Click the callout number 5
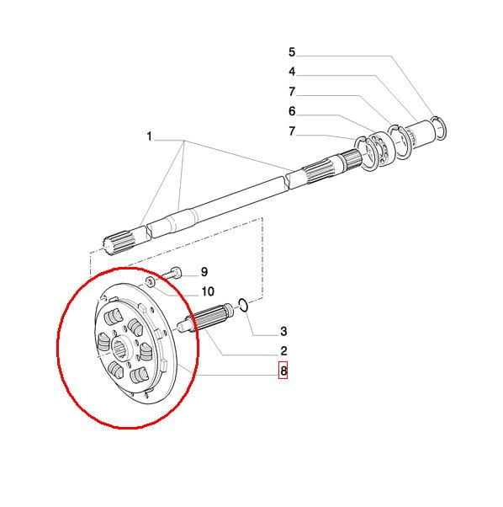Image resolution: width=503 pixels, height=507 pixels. coord(292,52)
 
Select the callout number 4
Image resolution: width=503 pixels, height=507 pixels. coord(292,72)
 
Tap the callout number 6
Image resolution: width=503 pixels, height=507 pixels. coord(292,111)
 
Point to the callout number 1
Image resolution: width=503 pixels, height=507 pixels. coord(149,136)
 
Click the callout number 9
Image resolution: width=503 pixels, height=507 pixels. coord(204,272)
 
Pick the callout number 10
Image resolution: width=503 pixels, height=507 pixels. coord(208,291)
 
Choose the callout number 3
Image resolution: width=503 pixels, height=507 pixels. coord(283,332)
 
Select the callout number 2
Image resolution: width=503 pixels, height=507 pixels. coord(283,351)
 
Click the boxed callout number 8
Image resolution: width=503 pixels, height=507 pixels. coord(283,370)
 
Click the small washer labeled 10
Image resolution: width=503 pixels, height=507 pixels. coord(150,282)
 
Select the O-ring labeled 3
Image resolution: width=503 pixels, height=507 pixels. coord(243,305)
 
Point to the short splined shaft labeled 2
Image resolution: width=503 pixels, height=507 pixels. coord(205,318)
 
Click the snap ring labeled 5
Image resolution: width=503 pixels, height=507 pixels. coord(439,128)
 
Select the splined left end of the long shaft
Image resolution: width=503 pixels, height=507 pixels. coord(119,243)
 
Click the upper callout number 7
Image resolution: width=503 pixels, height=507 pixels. coord(292,92)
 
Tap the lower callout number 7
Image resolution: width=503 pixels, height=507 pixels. coord(292,131)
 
